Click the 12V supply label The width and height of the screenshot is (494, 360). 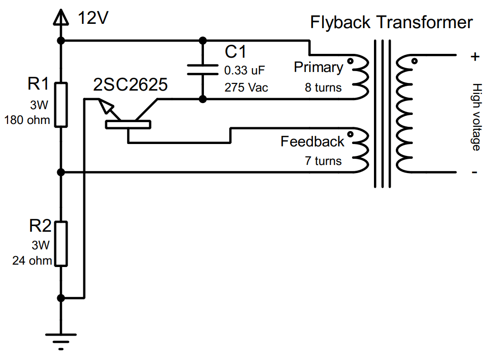coord(94,19)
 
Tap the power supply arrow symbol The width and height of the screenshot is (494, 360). coord(60,18)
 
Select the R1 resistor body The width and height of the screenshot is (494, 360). coord(60,104)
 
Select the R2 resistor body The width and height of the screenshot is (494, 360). coord(60,243)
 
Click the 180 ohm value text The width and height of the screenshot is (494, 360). coord(27,120)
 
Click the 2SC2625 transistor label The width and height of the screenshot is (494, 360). coord(130,85)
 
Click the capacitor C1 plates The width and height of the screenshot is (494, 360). coord(202,70)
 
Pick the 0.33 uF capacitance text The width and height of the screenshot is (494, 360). coord(244,71)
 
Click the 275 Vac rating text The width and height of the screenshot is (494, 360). coord(246,88)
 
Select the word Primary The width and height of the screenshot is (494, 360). coord(318,67)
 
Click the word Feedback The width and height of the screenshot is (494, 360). coord(312,142)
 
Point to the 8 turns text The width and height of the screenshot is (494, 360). coord(323,88)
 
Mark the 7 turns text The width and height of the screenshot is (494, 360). coord(323,161)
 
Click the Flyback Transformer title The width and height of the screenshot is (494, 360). coord(391,22)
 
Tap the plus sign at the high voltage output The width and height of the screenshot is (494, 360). coord(474,57)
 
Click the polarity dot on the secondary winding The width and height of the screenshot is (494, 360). coord(414,61)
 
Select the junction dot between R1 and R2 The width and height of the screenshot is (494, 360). coord(60,172)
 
